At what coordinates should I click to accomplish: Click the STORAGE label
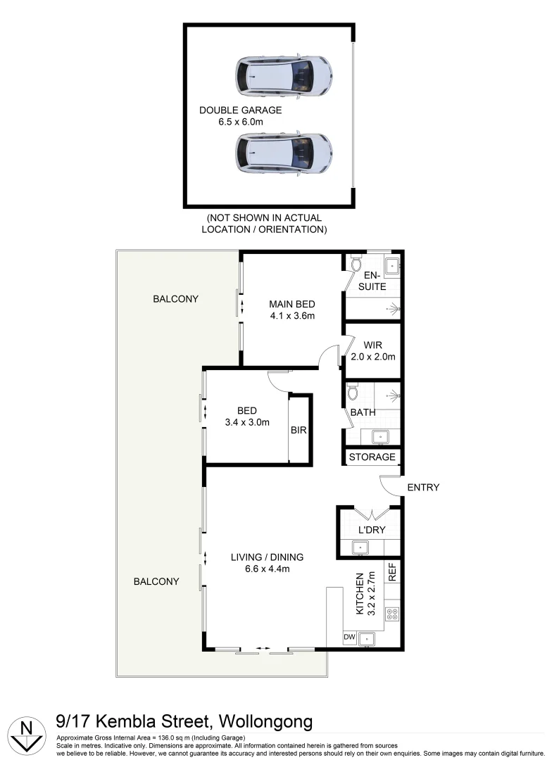click(372, 457)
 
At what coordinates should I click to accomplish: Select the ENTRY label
click(423, 487)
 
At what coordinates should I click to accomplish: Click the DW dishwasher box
click(349, 638)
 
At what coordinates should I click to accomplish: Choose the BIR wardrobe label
click(300, 430)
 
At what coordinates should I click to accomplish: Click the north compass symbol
click(27, 733)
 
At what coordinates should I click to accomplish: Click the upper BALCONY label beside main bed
click(176, 298)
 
